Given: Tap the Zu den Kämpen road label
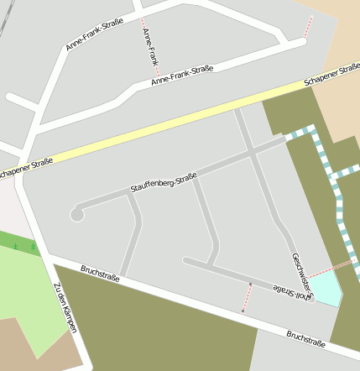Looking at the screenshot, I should click(x=65, y=307).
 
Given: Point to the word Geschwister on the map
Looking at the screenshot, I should click(x=301, y=273).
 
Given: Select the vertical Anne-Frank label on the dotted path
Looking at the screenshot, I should click(x=151, y=47).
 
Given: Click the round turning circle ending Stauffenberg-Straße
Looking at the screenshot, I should click(x=76, y=215).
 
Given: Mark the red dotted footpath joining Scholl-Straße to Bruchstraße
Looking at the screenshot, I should click(x=248, y=297).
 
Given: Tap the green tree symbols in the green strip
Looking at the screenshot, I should click(x=23, y=247).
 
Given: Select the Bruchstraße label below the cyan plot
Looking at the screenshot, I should click(x=305, y=337).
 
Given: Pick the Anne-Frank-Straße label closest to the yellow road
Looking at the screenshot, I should click(x=183, y=75).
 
